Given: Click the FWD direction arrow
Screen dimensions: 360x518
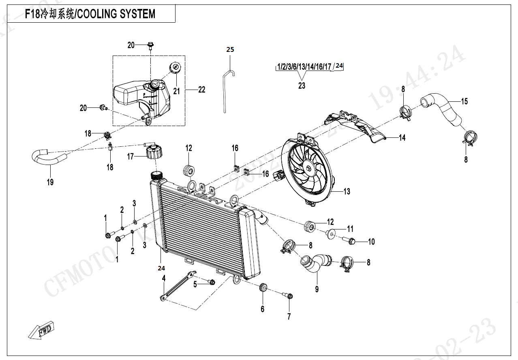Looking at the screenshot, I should [x=41, y=331].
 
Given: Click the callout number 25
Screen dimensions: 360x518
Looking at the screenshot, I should [x=230, y=49].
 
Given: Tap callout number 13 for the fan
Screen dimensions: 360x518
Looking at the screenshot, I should [x=347, y=191].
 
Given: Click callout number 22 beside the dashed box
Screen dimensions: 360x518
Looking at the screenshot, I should [x=201, y=90].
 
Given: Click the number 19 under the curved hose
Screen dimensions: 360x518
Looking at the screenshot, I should [x=50, y=182].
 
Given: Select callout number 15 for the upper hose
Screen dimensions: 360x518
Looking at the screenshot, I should [x=464, y=101].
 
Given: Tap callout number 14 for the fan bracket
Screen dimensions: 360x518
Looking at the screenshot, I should [x=402, y=138].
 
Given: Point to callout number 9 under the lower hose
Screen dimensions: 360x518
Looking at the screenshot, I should [x=317, y=289].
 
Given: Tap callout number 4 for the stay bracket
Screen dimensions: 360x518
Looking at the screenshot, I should [x=164, y=278].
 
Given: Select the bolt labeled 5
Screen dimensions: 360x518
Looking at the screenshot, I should [x=212, y=282].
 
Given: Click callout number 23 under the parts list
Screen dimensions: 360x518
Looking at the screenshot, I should [x=302, y=86].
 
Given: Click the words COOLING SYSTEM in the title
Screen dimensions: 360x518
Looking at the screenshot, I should [x=116, y=14].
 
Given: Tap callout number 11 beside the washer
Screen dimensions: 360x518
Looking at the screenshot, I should [x=350, y=229].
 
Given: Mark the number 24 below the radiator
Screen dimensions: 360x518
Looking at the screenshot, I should [x=161, y=268].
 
